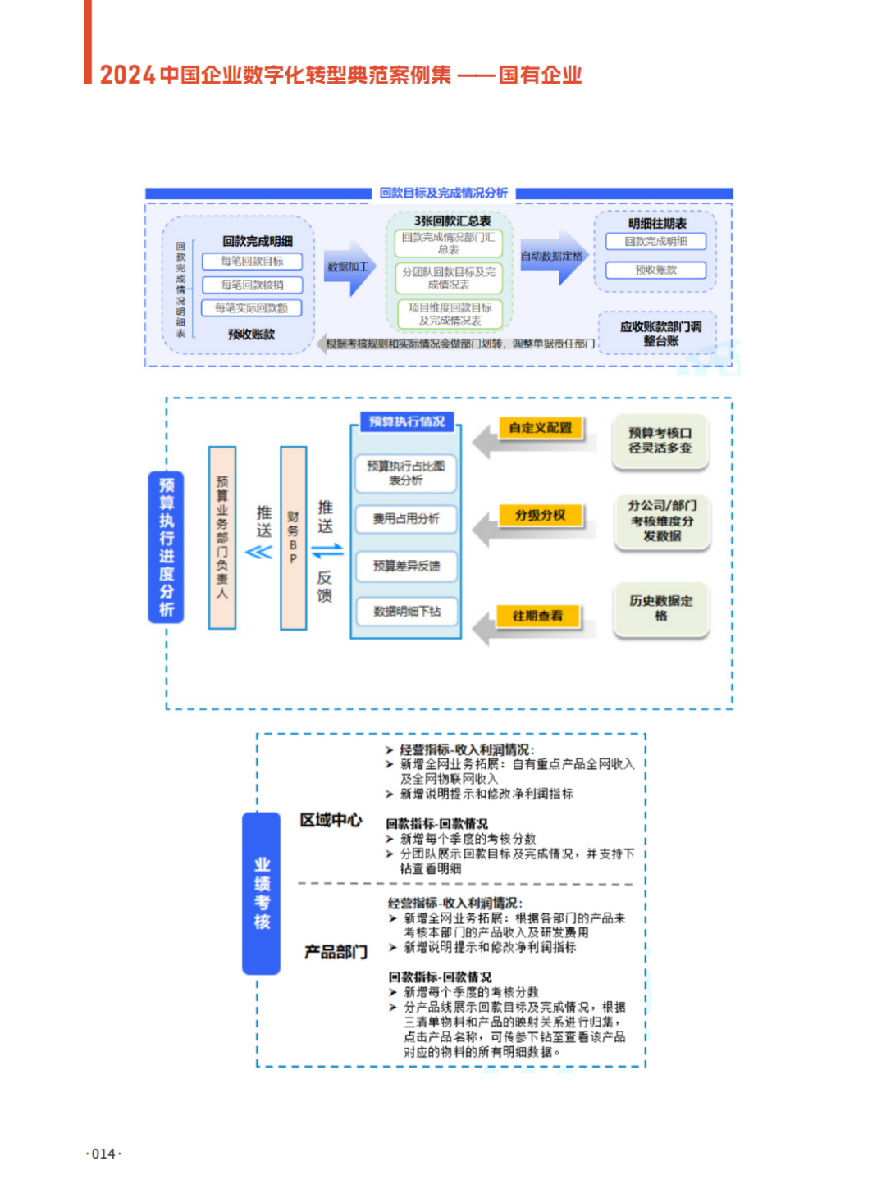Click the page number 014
[x=103, y=1154]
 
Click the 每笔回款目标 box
[x=252, y=262]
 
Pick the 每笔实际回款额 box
[x=252, y=308]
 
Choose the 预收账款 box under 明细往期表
[x=655, y=270]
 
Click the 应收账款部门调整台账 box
[x=660, y=333]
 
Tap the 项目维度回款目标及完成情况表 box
[x=450, y=314]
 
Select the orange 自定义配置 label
[x=540, y=428]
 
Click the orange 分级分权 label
[x=540, y=515]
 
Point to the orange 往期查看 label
[x=537, y=616]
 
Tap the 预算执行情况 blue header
[x=407, y=421]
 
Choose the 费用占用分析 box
[x=406, y=519]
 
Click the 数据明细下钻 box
[x=406, y=612]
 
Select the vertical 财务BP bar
[x=293, y=538]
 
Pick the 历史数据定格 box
[x=660, y=608]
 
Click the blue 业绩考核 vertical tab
[x=262, y=893]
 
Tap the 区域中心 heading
[x=331, y=820]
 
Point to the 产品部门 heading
[x=336, y=952]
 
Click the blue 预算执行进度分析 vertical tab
[x=167, y=547]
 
